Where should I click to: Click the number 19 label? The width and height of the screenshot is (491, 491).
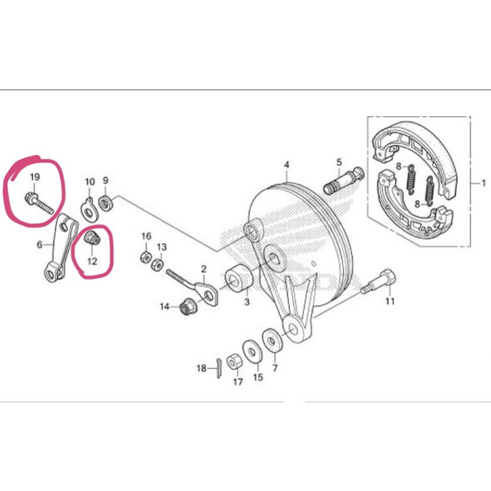[35, 177]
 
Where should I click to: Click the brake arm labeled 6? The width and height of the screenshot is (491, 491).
[61, 247]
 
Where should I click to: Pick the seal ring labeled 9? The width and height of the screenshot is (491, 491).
[106, 203]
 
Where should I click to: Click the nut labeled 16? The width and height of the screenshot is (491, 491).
[145, 257]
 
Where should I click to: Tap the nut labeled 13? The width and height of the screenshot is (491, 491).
[157, 263]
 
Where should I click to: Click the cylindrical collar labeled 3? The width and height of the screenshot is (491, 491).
[239, 278]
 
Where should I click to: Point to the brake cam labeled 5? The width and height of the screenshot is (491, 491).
[343, 181]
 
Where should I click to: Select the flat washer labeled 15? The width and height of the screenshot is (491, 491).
[253, 352]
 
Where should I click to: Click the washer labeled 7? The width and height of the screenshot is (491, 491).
[272, 340]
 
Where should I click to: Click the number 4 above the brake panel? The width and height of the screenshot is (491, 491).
[287, 164]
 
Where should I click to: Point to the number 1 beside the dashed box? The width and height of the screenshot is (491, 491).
[483, 182]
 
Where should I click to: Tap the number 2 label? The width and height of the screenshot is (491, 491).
[204, 269]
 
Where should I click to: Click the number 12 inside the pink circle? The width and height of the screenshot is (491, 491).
[92, 261]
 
